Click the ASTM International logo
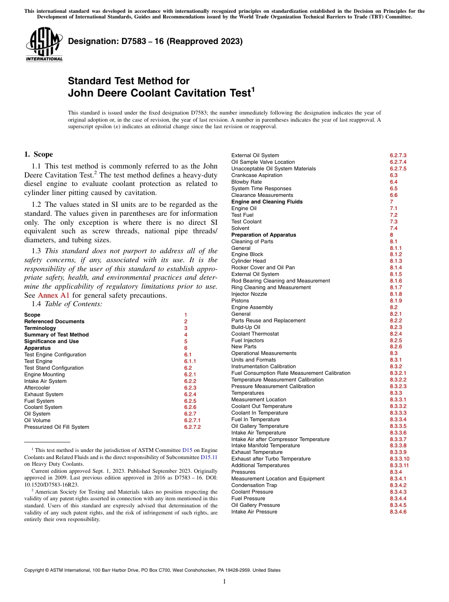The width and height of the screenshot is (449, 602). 43,45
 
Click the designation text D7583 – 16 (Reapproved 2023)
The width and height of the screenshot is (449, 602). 155,41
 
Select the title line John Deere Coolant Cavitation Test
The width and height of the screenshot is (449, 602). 161,93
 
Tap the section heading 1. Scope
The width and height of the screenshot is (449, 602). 38,154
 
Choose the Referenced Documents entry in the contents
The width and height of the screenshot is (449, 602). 54,321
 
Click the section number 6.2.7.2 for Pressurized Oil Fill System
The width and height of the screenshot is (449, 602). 192,427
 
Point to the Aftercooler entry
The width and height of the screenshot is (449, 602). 37,388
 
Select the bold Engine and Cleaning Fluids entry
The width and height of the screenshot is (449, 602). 267,202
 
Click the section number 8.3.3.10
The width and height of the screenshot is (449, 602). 399,459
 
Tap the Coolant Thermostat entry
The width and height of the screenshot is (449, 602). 255,334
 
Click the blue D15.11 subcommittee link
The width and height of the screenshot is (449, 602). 209,458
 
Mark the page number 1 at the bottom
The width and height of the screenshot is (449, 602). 224,582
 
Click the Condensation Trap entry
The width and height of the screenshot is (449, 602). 254,485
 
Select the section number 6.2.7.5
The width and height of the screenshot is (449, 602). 398,168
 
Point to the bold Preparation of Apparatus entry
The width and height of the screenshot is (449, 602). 263,235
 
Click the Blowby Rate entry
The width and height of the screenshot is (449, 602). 246,182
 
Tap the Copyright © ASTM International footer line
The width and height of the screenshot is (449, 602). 152,570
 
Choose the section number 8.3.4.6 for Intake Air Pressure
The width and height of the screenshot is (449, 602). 398,512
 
